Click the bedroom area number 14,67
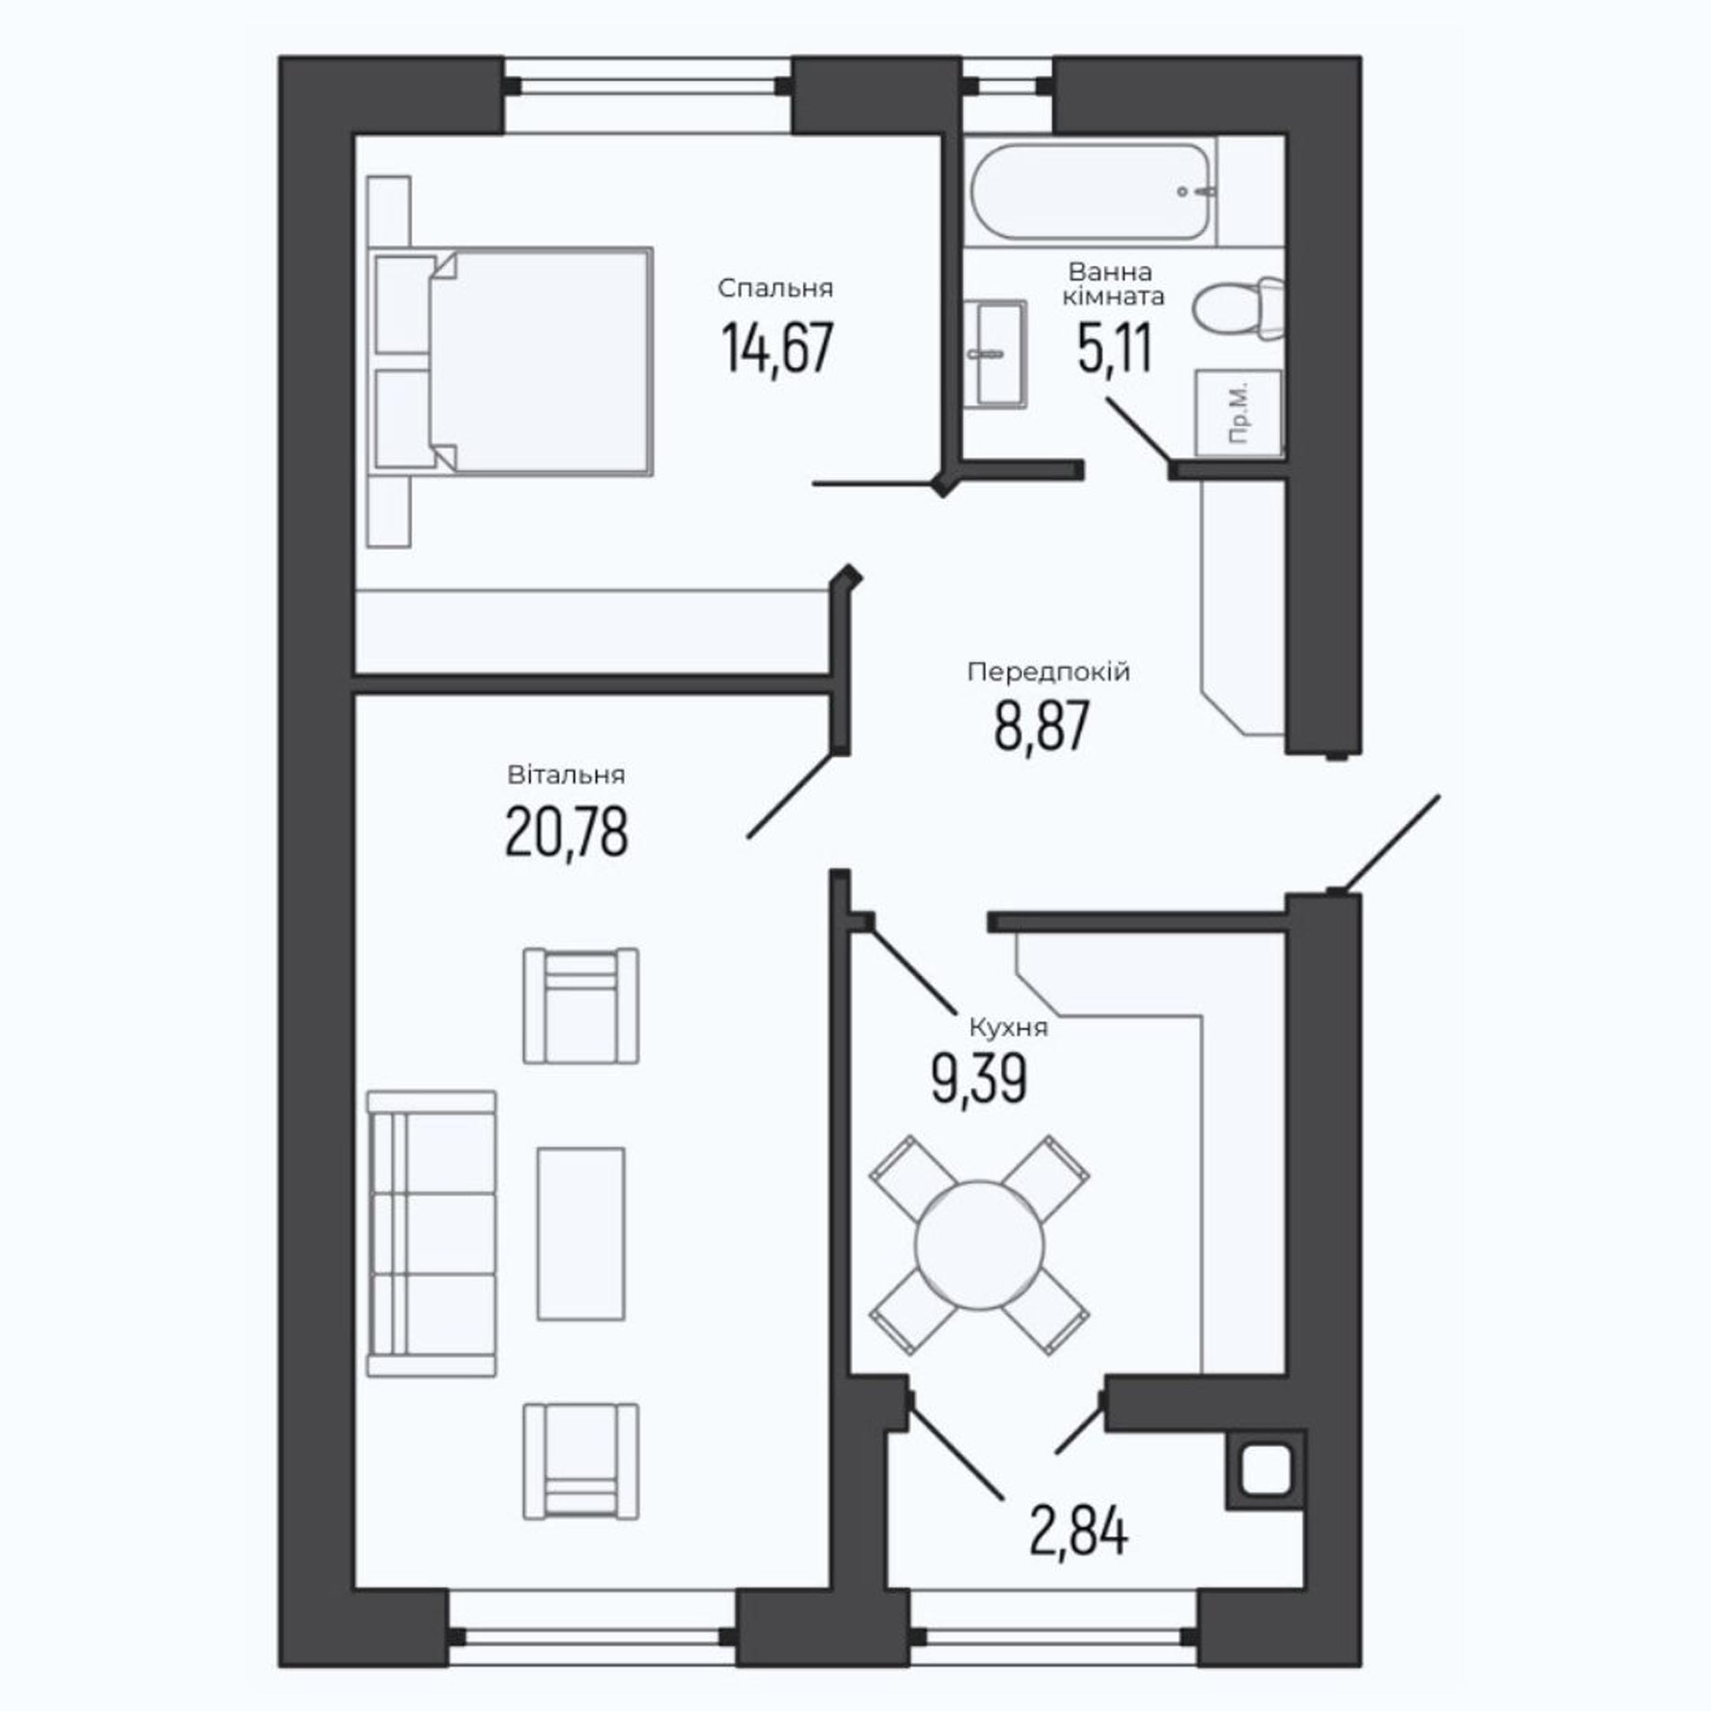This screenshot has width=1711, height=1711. click(777, 349)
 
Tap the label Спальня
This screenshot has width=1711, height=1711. click(776, 289)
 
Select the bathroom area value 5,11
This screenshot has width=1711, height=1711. click(1115, 349)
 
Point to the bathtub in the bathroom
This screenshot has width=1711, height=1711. click(1091, 192)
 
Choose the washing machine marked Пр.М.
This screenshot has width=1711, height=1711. click(1239, 413)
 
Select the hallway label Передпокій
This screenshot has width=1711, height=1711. click(1049, 672)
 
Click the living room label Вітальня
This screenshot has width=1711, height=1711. click(566, 775)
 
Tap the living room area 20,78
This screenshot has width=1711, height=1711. click(567, 832)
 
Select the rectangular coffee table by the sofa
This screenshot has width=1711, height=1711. click(581, 1235)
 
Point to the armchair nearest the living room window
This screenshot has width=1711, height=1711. click(581, 1462)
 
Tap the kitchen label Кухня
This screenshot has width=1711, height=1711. click(1008, 1028)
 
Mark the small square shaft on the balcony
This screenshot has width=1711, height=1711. click(1265, 1472)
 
